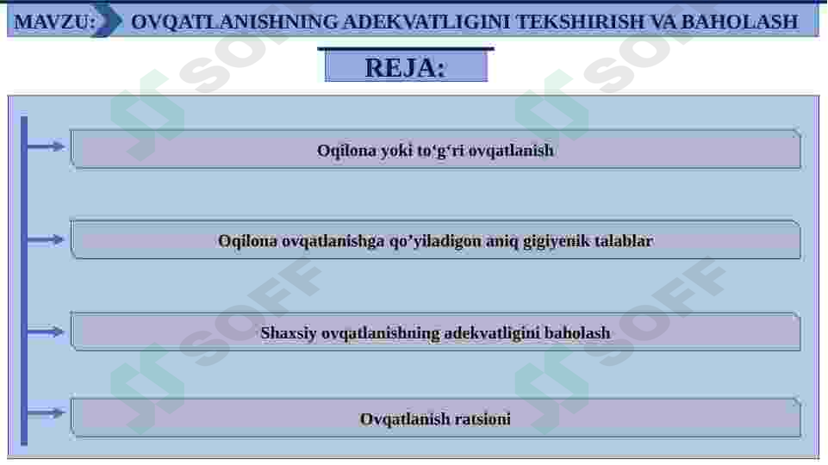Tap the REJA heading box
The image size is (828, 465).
click(405, 67)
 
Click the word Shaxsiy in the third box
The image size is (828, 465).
click(289, 332)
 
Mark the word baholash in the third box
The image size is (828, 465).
click(577, 332)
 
